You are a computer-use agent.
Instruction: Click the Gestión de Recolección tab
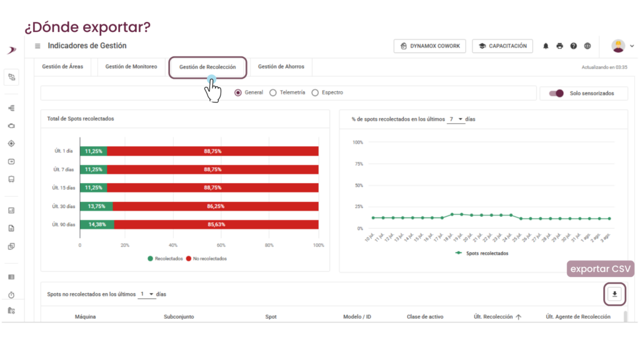[x=207, y=67]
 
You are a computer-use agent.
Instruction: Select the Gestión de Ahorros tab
[x=281, y=66]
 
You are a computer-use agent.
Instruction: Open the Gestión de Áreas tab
[x=62, y=66]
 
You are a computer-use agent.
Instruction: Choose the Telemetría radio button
[x=273, y=92]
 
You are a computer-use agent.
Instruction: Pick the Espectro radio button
[x=315, y=92]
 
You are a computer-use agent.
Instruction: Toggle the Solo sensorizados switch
[x=556, y=94]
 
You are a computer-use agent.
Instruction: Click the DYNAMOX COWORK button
[x=430, y=46]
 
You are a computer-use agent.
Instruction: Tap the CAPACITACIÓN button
[x=502, y=46]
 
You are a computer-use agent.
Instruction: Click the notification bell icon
[x=546, y=46]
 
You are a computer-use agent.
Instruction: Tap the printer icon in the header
[x=559, y=46]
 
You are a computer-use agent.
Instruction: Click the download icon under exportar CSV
[x=615, y=294]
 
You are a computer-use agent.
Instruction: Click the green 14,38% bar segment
[x=97, y=224]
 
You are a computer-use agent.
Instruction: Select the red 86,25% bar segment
[x=216, y=206]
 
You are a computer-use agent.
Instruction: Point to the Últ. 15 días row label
[x=63, y=187]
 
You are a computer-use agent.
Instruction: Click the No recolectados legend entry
[x=206, y=259]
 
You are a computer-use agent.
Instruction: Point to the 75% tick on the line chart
[x=359, y=164]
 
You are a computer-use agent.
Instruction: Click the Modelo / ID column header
[x=357, y=317]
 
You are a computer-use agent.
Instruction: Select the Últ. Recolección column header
[x=493, y=317]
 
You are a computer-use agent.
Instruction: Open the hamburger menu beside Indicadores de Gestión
[x=37, y=46]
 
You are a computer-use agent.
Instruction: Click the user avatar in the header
[x=618, y=46]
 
